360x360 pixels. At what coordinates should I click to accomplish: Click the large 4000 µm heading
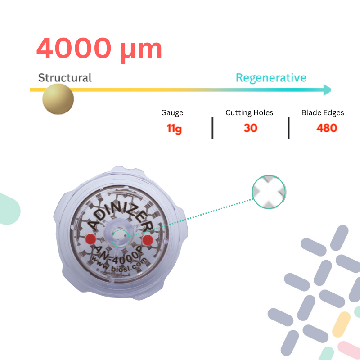99,48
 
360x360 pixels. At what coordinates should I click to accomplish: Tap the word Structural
65,77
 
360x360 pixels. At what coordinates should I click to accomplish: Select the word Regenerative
271,77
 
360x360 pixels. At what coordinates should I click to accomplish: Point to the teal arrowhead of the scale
327,90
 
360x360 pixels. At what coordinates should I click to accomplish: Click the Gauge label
172,113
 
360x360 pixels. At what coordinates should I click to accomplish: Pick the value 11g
174,129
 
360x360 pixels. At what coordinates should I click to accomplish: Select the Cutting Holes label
249,113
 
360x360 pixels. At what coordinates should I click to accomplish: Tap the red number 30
251,128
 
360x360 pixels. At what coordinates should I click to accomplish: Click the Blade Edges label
323,113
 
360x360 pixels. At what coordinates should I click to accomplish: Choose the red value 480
327,128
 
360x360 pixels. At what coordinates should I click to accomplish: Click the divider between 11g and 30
212,128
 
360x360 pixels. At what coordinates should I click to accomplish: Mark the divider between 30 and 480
288,128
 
